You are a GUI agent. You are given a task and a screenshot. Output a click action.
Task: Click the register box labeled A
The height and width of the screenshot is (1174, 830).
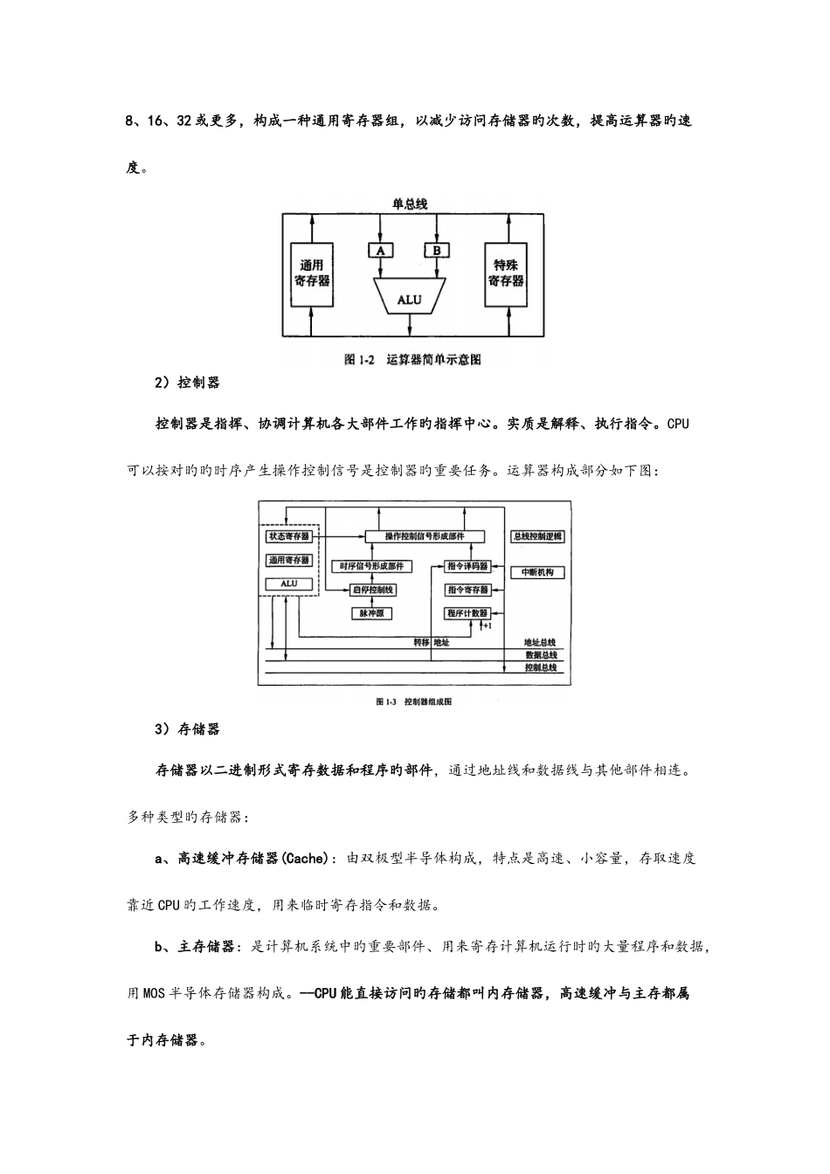click(x=380, y=251)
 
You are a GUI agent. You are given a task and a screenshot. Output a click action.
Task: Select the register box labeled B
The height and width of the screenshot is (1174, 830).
click(x=437, y=251)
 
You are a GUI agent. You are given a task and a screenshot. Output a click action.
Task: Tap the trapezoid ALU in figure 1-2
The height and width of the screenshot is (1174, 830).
click(x=409, y=299)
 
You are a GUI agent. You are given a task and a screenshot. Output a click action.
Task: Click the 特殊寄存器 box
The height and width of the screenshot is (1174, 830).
click(x=507, y=274)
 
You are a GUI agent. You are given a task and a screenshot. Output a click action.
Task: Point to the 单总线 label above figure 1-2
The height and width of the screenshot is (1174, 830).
click(x=409, y=204)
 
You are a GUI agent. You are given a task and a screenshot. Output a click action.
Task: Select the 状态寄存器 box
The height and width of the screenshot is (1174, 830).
click(x=288, y=536)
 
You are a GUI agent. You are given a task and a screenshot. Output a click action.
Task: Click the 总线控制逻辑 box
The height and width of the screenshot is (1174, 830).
click(x=537, y=536)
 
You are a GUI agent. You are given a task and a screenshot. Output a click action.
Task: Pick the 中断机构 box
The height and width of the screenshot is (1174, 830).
click(x=537, y=572)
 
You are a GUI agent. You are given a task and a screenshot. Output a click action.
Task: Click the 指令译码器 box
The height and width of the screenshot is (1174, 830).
click(x=467, y=565)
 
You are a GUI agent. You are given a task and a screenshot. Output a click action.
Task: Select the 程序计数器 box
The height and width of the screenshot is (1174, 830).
click(x=467, y=613)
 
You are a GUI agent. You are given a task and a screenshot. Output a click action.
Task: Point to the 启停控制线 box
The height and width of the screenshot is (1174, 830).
click(x=373, y=590)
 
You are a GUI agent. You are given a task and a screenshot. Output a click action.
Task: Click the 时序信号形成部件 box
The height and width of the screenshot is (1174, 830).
click(x=373, y=565)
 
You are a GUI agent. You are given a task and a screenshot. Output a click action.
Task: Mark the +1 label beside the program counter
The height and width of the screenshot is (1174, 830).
click(x=487, y=626)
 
